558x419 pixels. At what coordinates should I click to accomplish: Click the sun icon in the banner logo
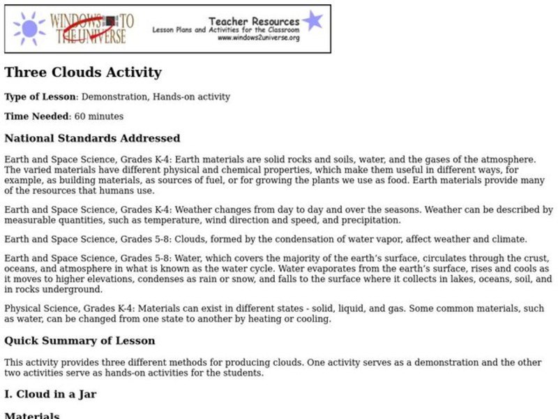tap(29, 29)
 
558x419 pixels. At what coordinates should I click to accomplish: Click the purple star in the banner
tap(312, 20)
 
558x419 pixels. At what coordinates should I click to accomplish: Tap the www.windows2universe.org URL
tap(259, 38)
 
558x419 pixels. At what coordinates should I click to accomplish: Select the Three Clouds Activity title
tap(83, 73)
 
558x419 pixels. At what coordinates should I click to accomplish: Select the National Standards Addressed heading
tap(92, 138)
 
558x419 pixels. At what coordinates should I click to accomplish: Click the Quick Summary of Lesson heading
tap(80, 341)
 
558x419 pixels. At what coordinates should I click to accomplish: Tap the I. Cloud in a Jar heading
tap(50, 394)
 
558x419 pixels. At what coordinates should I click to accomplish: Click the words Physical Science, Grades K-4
tap(64, 309)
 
